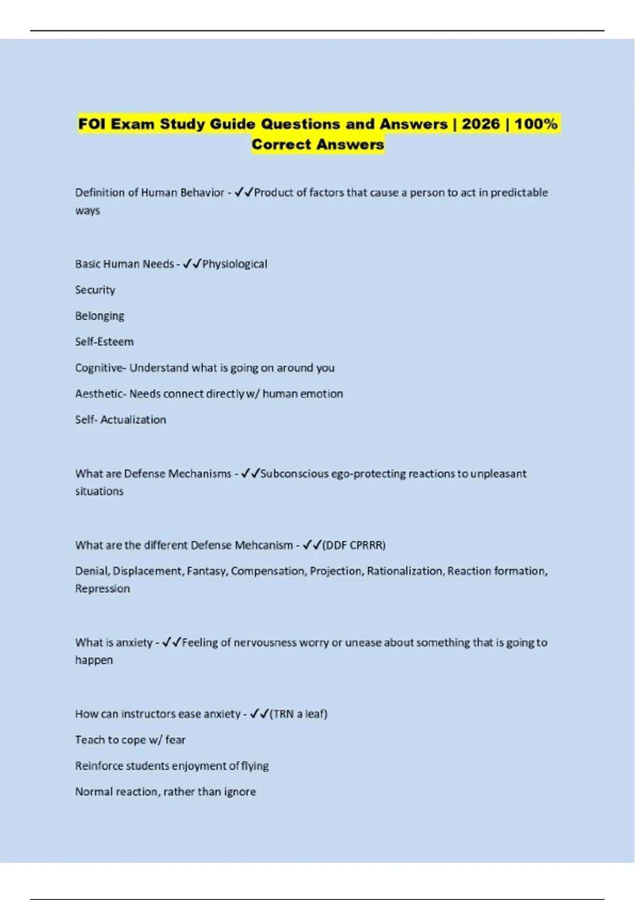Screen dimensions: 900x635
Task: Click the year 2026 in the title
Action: pos(480,124)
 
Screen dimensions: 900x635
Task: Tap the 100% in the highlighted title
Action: pos(536,124)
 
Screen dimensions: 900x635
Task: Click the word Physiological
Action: pos(234,264)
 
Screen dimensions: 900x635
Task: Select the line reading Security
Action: pos(95,290)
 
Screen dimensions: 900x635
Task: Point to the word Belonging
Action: pos(99,316)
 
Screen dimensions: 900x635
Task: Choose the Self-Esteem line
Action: pos(104,341)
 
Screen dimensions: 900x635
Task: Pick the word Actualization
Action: pos(133,420)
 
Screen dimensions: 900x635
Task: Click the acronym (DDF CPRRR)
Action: pos(353,545)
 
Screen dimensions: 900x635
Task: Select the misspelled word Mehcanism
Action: pos(267,545)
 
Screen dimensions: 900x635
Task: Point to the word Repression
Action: pos(102,589)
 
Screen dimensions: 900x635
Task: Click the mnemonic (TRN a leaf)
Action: pos(298,714)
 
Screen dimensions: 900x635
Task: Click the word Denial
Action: pos(92,571)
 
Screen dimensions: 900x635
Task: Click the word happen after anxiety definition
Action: pos(94,660)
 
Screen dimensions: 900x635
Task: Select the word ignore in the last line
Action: pos(241,792)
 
